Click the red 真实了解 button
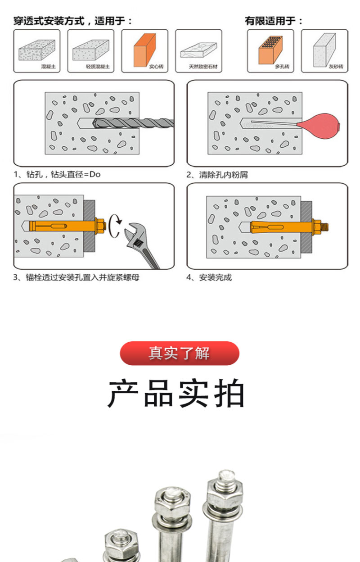coord(180,353)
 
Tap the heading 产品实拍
coord(176,393)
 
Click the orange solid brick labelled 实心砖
coord(144,50)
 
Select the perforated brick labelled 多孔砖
coord(270,50)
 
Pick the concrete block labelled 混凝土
coord(37,50)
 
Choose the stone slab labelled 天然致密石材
coord(198,50)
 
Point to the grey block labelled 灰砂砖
coord(324,50)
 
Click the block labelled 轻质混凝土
coord(91,50)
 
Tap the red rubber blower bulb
coord(319,126)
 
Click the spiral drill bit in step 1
coord(133,123)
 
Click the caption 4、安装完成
coord(209,277)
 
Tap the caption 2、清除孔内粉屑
coord(217,175)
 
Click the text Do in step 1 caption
coord(95,174)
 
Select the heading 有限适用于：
coord(274,21)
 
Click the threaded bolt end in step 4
coord(325,227)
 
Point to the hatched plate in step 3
coord(89,226)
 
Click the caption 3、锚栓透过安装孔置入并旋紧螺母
coord(76,277)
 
